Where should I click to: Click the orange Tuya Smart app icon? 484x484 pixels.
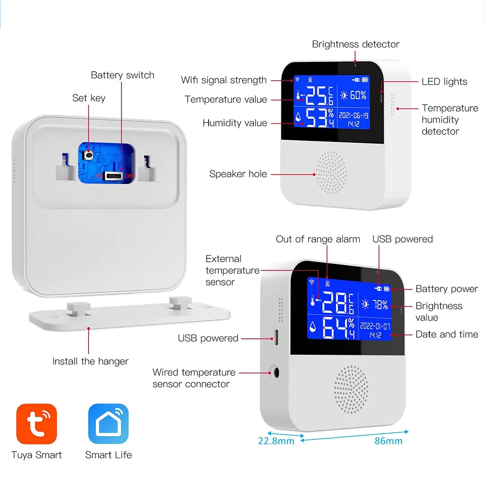pos(37,424)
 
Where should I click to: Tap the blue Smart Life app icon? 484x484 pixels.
pos(108,424)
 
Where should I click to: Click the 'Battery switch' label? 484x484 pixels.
pos(122,75)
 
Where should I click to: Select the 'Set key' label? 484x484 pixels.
pos(89,98)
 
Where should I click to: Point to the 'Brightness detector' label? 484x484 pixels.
pos(355,44)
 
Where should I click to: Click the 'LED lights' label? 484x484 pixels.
pos(444,82)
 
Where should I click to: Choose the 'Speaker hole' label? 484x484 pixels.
pos(238,174)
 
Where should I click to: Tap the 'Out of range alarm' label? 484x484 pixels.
pos(318,239)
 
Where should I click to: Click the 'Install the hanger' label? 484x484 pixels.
pos(91,361)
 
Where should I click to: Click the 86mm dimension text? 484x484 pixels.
pos(388,440)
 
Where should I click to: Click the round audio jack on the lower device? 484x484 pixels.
pos(276,373)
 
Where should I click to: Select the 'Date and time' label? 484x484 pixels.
pos(446,334)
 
